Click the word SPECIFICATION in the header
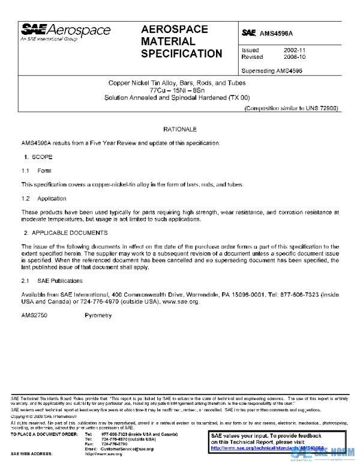[x=181, y=54]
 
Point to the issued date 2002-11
[x=295, y=50]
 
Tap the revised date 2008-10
[x=295, y=57]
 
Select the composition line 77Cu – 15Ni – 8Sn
[x=181, y=89]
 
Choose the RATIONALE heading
[x=180, y=129]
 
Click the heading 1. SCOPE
[x=38, y=157]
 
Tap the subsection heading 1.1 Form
[x=37, y=171]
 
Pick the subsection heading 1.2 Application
[x=44, y=198]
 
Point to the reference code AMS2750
[x=35, y=315]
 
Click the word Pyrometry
[x=98, y=315]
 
